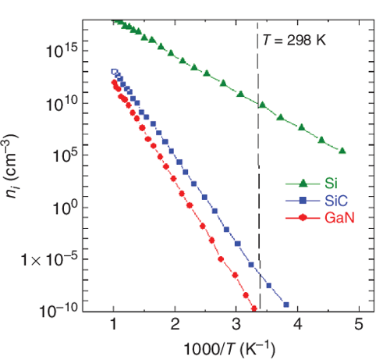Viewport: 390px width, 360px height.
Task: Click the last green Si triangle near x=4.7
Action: tap(342, 151)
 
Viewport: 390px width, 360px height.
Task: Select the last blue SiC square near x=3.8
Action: tap(286, 305)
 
